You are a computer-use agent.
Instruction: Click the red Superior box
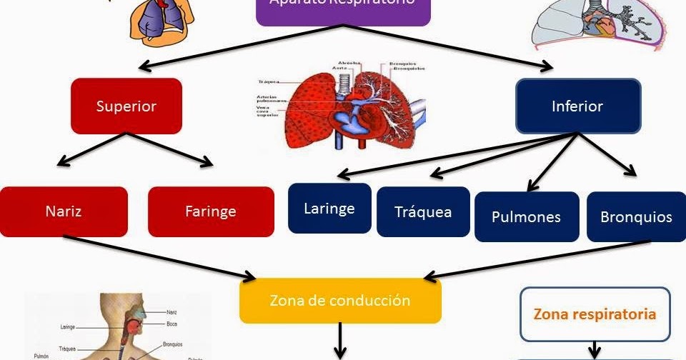click(126, 106)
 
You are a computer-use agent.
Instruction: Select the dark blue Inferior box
click(577, 106)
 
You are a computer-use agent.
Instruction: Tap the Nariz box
click(64, 211)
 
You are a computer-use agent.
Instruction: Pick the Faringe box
click(211, 211)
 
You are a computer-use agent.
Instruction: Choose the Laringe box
click(329, 209)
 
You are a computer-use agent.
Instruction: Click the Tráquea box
click(423, 211)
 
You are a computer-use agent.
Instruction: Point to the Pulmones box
click(527, 216)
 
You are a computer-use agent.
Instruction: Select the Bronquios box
click(636, 216)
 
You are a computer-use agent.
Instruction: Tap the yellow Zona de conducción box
click(340, 300)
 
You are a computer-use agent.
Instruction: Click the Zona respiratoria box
click(595, 314)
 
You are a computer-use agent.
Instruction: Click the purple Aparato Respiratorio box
click(343, 9)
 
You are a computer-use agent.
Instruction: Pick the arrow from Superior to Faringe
click(170, 149)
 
